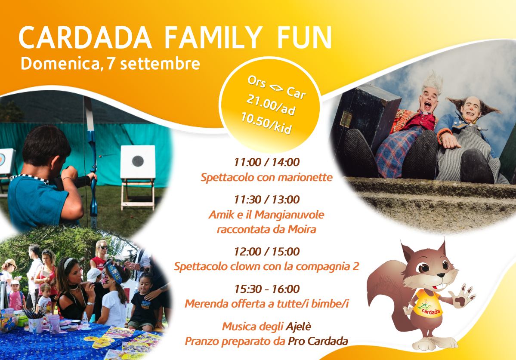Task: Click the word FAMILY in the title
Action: coord(213,38)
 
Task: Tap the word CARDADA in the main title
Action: coord(85,38)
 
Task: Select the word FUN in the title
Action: coord(304,38)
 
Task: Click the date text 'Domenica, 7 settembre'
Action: coord(110,64)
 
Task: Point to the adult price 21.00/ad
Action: coord(271,105)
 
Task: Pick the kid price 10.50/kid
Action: coord(266,123)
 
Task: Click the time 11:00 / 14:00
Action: coord(266,162)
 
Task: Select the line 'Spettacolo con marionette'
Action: coord(266,178)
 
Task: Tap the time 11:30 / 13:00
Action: coord(266,200)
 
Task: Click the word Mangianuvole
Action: coord(289,215)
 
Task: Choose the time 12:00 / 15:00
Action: coord(266,252)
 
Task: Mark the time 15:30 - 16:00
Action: coord(266,289)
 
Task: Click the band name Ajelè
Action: coord(298,326)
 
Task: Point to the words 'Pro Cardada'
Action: coord(318,341)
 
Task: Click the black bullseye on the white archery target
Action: coord(138,161)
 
